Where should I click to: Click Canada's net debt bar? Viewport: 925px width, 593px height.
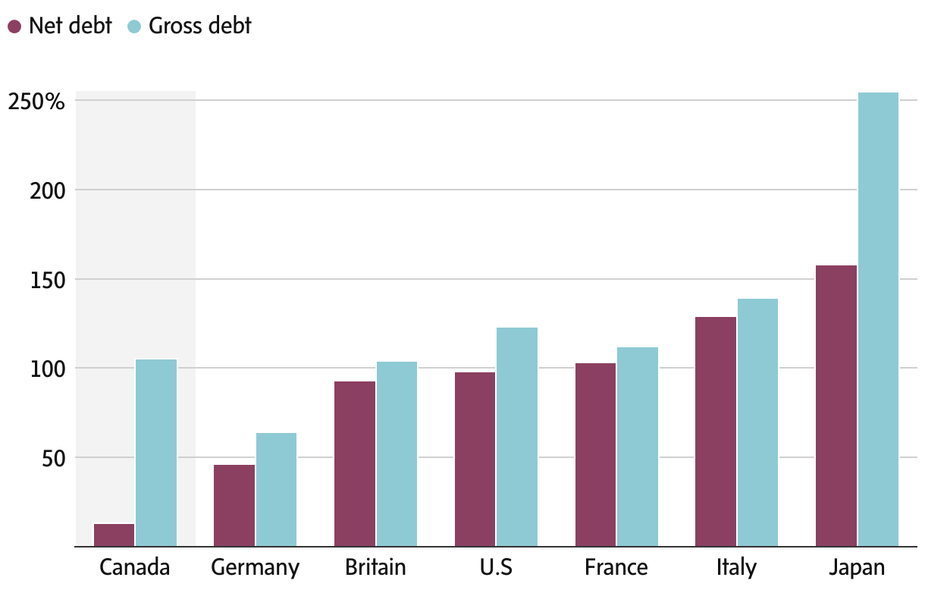114,535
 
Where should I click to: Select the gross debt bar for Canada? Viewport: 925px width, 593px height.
156,452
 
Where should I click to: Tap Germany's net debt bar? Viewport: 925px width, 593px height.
234,505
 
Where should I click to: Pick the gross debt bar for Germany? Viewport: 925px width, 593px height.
276,489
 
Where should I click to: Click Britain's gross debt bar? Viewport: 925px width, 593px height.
397,453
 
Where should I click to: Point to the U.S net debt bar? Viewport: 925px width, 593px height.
475,459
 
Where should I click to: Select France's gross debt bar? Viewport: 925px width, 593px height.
638,447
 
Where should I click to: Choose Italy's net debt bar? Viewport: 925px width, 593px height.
716,431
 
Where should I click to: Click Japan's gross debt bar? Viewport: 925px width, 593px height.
878,319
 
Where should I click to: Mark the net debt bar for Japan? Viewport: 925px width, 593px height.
836,406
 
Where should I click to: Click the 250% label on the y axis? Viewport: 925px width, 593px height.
37,101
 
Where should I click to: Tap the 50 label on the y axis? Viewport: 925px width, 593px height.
55,458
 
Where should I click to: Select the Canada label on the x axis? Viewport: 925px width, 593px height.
135,568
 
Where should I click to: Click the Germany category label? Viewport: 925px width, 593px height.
256,568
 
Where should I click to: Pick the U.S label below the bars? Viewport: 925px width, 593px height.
497,568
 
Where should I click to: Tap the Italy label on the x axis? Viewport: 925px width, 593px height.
736,568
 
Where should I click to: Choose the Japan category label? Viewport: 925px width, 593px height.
857,568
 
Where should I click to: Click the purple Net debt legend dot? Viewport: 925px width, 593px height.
14,27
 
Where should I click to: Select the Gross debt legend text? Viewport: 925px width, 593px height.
200,27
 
